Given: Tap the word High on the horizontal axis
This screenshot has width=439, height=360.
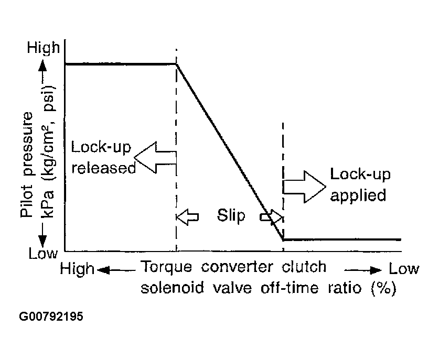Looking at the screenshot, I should point(78,269).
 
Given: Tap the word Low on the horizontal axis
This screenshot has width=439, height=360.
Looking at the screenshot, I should point(404,269).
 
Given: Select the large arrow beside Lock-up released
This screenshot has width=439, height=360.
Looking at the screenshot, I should point(155,156).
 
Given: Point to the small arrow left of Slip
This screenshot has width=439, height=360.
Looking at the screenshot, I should point(188,216).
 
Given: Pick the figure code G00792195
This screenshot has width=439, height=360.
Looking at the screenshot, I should point(51,318).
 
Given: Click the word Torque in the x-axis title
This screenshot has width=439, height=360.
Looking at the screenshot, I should point(164,268).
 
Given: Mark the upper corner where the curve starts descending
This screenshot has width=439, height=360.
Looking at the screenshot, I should point(176,64).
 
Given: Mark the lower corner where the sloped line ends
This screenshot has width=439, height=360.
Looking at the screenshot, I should point(283,239).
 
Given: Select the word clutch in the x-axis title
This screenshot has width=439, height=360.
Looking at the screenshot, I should point(305,268).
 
